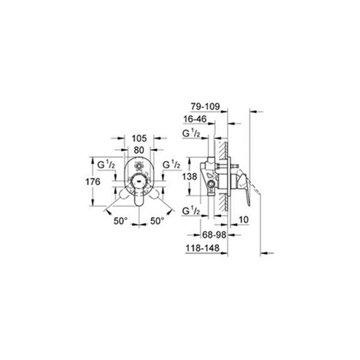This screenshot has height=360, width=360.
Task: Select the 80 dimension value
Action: point(139,149)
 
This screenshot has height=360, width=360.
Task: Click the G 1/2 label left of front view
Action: point(106,165)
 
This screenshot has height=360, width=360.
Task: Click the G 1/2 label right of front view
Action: point(171,165)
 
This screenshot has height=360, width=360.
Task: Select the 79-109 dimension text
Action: point(206,108)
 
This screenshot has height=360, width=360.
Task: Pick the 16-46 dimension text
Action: point(195,120)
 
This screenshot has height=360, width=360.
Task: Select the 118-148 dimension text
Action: point(202,249)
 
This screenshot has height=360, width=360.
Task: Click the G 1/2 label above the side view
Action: point(191,134)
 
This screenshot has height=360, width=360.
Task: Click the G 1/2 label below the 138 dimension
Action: point(191,212)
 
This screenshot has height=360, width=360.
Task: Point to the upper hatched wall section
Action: point(220,149)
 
